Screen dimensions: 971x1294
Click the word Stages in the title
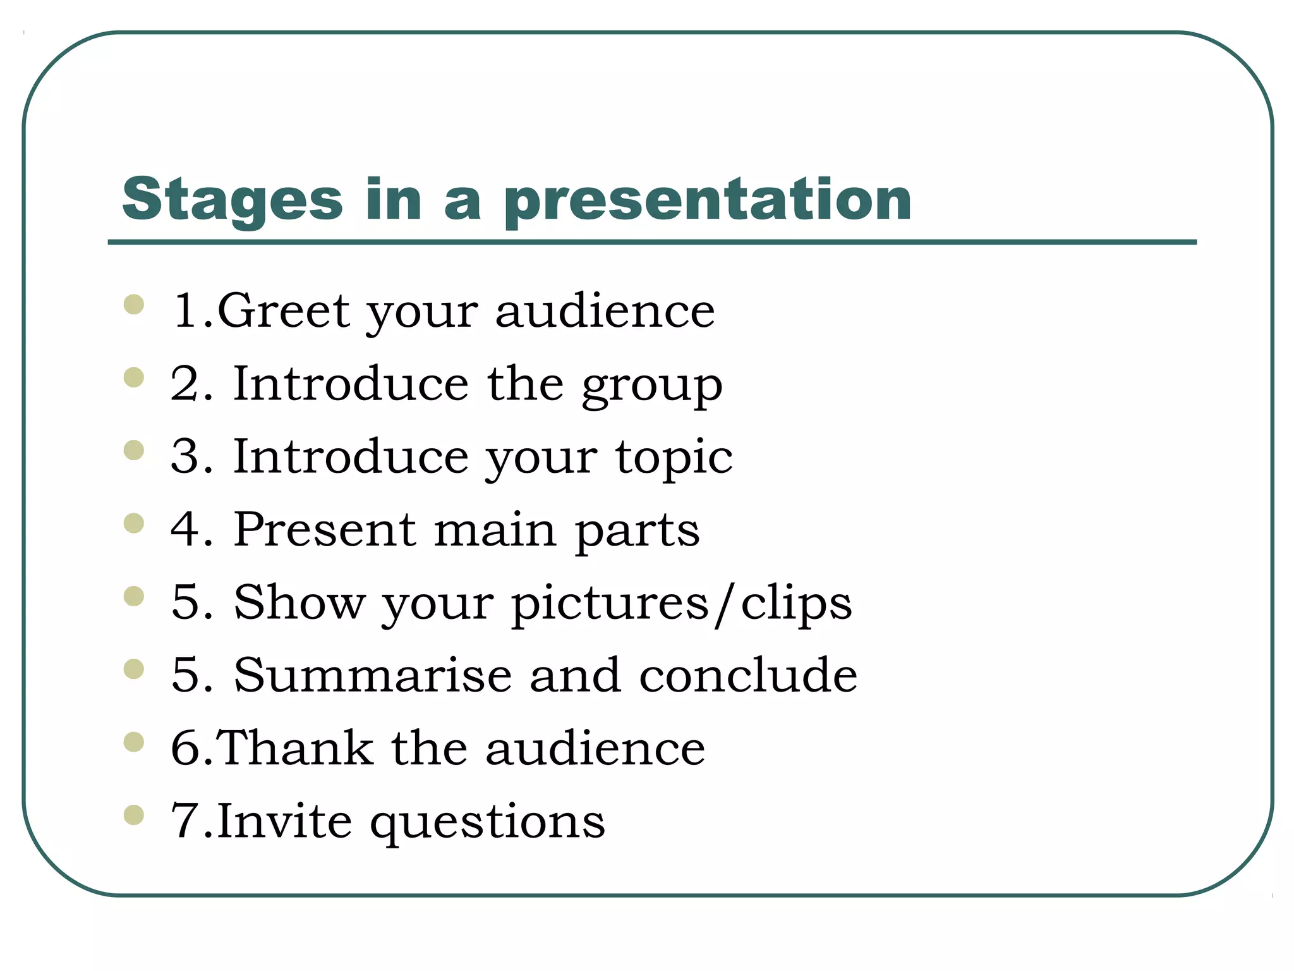(x=233, y=200)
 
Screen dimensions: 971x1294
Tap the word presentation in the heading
(x=708, y=200)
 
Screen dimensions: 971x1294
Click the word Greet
(x=283, y=310)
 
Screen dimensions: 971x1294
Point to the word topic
(x=674, y=458)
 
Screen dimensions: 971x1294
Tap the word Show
(x=299, y=602)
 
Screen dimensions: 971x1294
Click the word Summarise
(x=373, y=675)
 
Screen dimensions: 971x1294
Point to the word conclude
(x=748, y=675)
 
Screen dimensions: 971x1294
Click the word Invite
(x=284, y=821)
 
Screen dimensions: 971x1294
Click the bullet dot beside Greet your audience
(x=134, y=305)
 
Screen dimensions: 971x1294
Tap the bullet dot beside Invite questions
(x=134, y=815)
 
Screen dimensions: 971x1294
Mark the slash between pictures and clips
(x=725, y=604)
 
